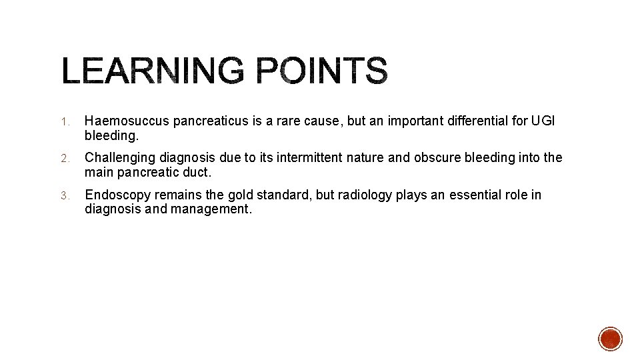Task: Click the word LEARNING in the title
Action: (x=153, y=71)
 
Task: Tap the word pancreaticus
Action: (x=207, y=121)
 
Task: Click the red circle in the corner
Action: (x=610, y=339)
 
